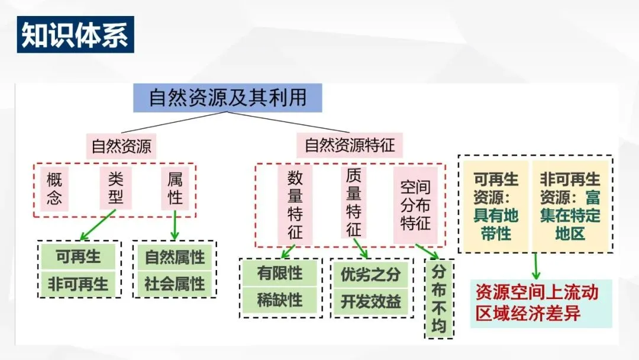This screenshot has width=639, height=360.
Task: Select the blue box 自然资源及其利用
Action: (x=228, y=98)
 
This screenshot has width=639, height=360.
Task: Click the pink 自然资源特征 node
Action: (x=350, y=146)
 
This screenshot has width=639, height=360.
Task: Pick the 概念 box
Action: (x=54, y=189)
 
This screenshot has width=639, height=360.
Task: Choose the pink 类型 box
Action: (x=116, y=189)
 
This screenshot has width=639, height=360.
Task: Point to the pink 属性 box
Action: (x=175, y=189)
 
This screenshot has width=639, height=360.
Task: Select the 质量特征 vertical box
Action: (x=354, y=201)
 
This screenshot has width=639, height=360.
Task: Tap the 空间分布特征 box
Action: (x=415, y=205)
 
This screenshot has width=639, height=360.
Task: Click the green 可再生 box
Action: (x=79, y=257)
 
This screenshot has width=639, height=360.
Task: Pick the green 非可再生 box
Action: (x=79, y=284)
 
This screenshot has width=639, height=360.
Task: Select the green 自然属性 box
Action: (x=175, y=257)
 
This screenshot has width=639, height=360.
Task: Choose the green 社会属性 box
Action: (x=175, y=284)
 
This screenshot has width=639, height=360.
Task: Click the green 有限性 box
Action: (x=280, y=273)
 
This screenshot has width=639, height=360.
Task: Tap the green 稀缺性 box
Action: (x=280, y=300)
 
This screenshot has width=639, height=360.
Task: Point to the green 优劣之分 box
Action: (x=370, y=274)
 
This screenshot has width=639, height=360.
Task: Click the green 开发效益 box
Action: (x=370, y=301)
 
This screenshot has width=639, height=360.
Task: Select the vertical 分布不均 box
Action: (x=439, y=300)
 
